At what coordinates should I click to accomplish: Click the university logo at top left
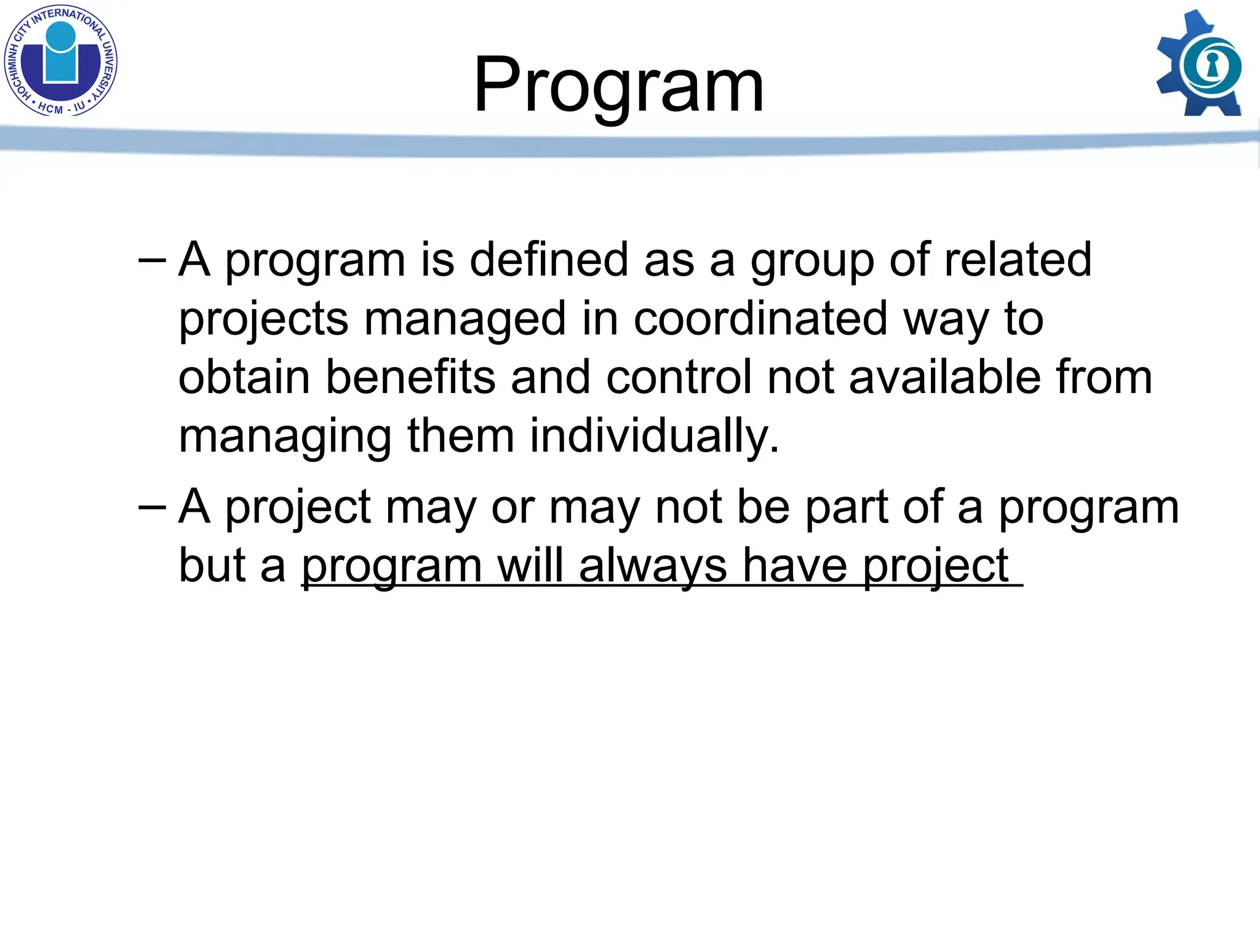(60, 60)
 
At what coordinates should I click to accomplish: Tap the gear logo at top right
(1200, 64)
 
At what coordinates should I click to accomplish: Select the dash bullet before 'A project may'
(152, 508)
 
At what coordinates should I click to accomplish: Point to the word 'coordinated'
(760, 319)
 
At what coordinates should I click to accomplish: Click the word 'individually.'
(655, 436)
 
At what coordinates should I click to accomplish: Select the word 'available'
(944, 377)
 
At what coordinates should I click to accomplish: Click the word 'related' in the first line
(1018, 260)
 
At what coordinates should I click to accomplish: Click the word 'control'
(679, 377)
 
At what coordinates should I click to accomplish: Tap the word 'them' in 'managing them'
(461, 436)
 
